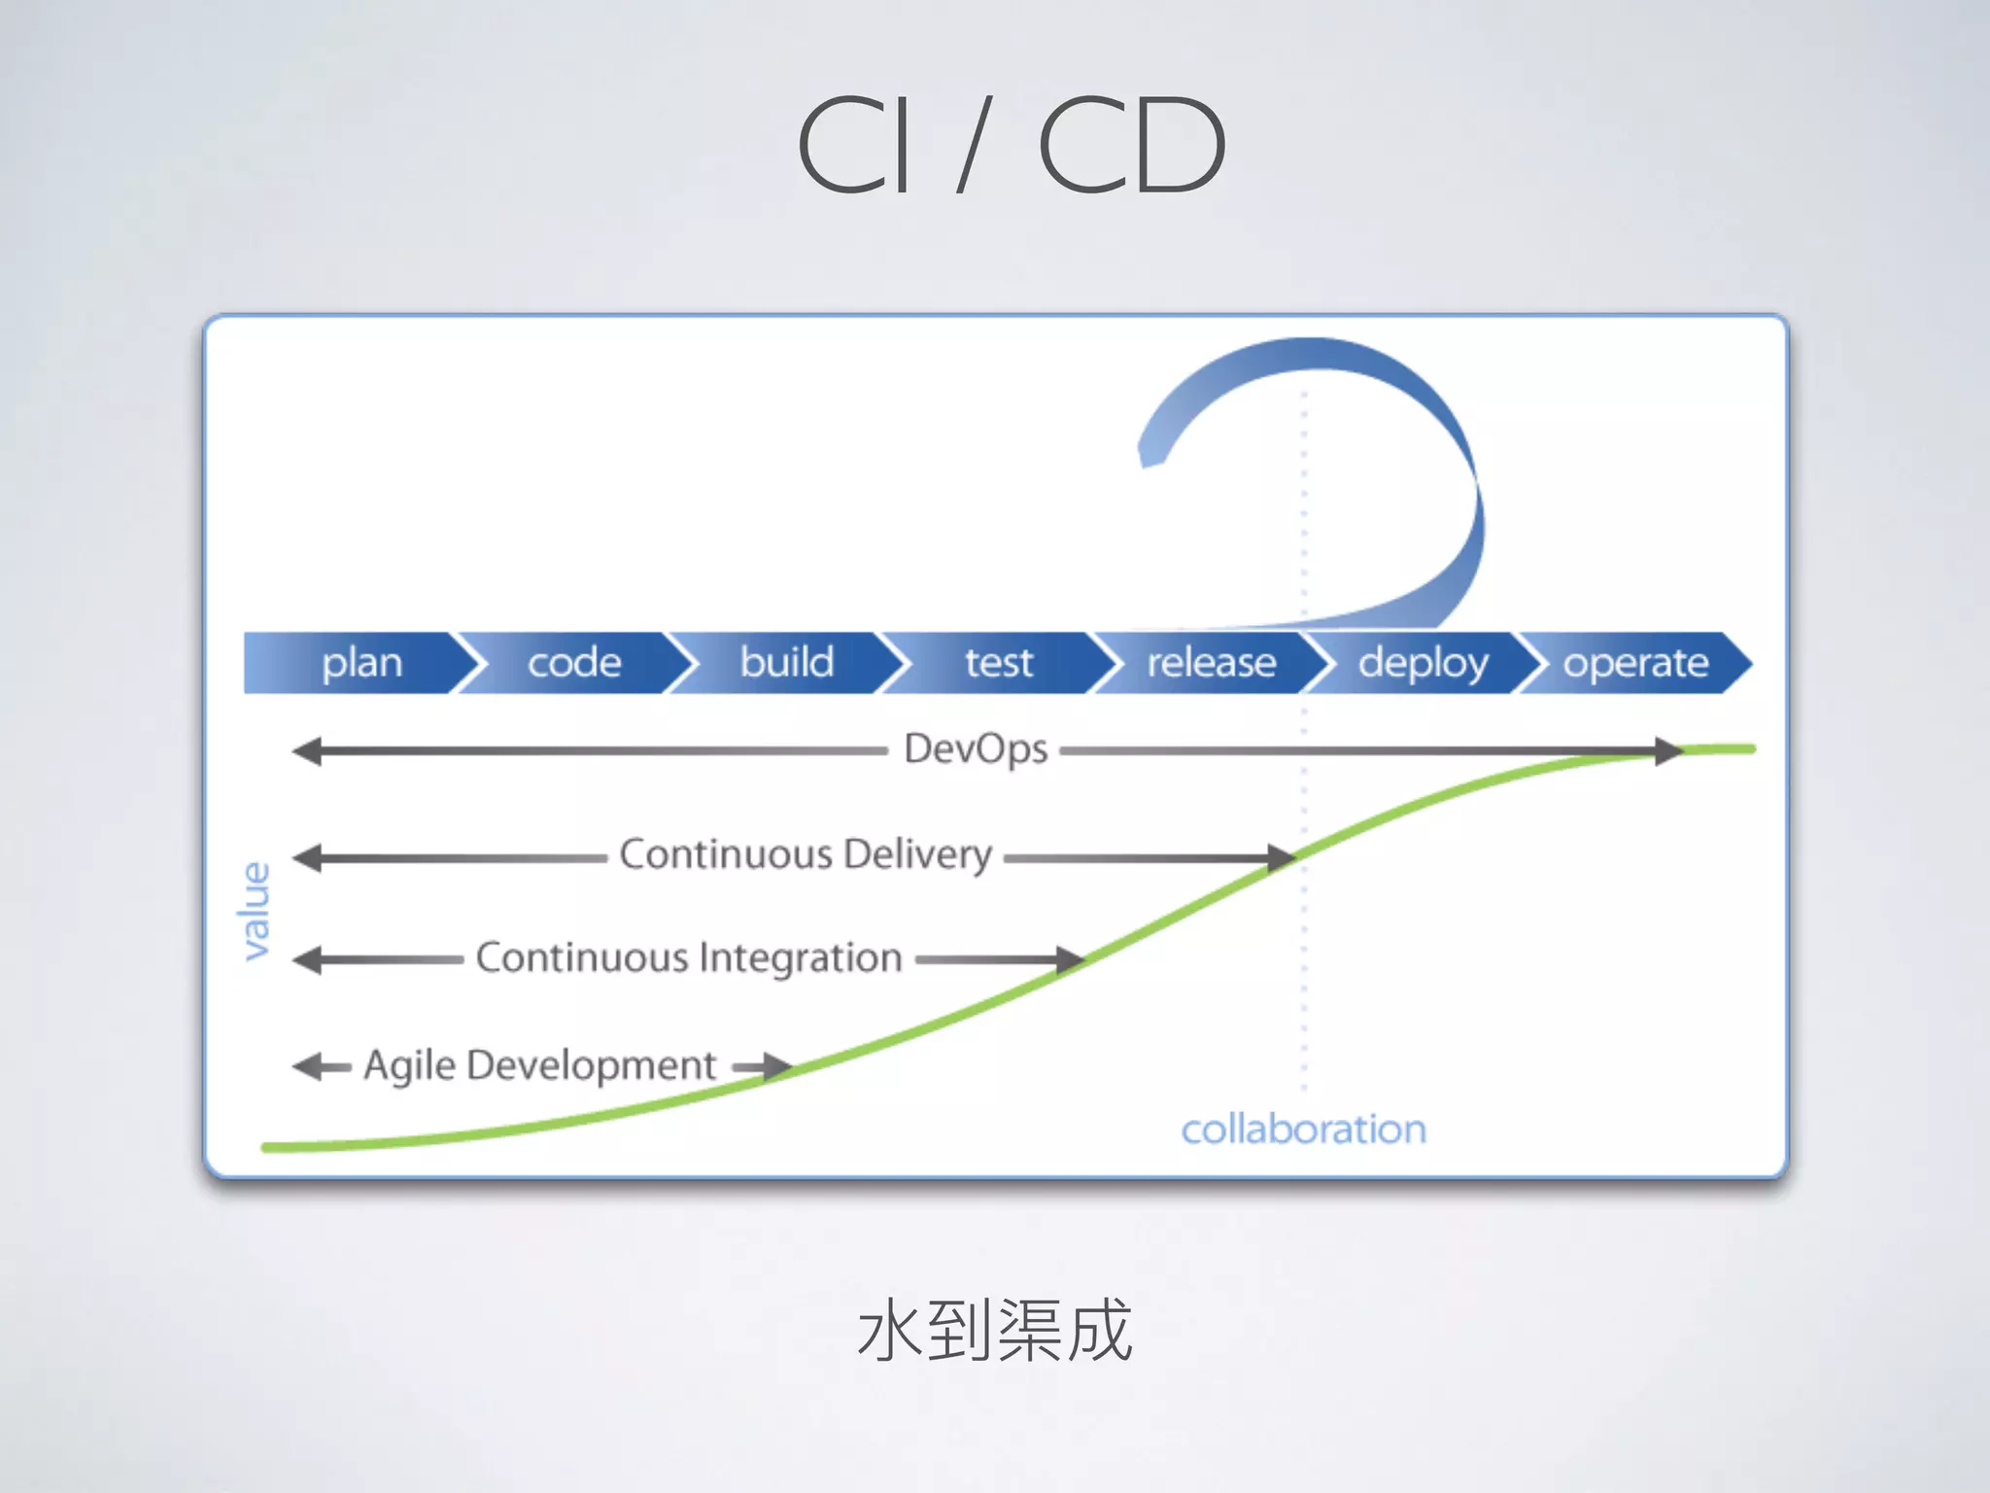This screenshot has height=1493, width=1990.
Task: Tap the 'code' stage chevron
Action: [x=574, y=663]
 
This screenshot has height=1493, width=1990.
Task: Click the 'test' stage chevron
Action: [x=999, y=663]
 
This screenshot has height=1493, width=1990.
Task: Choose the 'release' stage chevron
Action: [x=1211, y=663]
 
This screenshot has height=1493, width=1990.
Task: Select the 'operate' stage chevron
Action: [x=1636, y=663]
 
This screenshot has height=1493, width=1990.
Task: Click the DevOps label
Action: [x=976, y=749]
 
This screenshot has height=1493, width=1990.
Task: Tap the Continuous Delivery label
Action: [x=806, y=854]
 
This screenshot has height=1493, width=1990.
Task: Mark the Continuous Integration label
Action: [x=689, y=958]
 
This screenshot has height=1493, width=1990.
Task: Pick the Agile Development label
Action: [x=540, y=1065]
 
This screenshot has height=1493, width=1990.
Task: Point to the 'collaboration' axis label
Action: [x=1303, y=1129]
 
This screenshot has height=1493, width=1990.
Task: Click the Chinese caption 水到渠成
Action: [x=995, y=1331]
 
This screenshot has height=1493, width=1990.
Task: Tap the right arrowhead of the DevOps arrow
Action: [x=1668, y=750]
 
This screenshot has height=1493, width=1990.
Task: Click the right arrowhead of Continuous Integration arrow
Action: [x=1070, y=960]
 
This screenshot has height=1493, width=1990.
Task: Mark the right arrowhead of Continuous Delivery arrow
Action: [x=1281, y=857]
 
